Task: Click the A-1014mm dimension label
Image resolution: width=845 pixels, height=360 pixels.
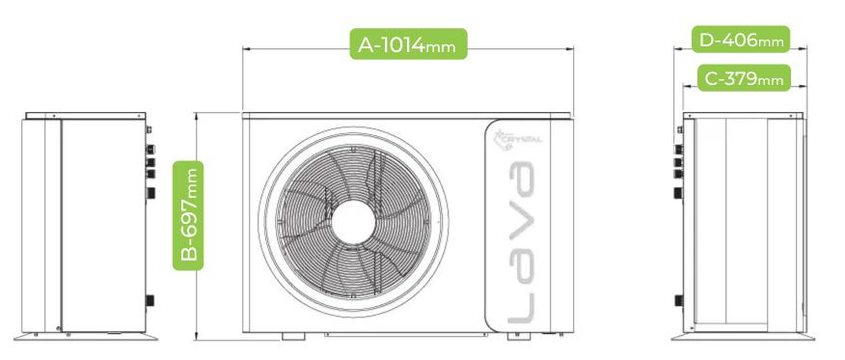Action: pos(408,43)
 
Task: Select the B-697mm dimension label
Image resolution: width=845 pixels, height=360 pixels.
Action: pos(188,215)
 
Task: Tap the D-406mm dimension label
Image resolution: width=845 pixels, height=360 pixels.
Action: pos(741,40)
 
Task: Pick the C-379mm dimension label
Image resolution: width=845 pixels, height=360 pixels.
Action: pos(744,78)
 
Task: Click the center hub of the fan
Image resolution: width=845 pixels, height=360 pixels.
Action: pos(353,221)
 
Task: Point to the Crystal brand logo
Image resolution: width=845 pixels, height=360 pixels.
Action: pos(518,137)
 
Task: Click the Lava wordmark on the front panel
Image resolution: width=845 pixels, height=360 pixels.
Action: pos(521,243)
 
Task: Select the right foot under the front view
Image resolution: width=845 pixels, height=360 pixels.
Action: pos(519,336)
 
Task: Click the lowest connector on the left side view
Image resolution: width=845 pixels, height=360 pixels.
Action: pos(150,300)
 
